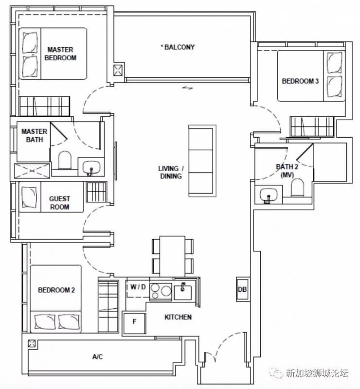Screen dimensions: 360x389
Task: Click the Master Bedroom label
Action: [60, 53]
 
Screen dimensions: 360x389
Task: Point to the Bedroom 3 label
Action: [300, 81]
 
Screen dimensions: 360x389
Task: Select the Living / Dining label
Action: [171, 172]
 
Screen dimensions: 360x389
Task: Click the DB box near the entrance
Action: [242, 289]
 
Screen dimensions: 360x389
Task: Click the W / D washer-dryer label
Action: [138, 287]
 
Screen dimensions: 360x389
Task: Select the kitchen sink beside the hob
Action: [183, 292]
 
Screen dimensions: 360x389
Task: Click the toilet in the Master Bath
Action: [65, 160]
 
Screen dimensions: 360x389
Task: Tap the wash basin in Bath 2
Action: [269, 194]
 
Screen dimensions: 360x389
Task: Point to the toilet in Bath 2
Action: [297, 188]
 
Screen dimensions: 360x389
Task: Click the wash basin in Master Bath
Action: [91, 167]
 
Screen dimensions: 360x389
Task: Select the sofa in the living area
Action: [201, 161]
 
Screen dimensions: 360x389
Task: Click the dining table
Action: [172, 257]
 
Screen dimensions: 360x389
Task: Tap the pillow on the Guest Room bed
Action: [29, 197]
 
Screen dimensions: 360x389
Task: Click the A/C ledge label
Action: [97, 357]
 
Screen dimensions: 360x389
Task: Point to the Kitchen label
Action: [178, 317]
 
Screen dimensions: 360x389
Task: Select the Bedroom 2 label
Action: [56, 290]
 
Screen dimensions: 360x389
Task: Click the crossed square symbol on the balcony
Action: [118, 70]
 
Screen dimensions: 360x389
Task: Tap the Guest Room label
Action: [59, 203]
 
